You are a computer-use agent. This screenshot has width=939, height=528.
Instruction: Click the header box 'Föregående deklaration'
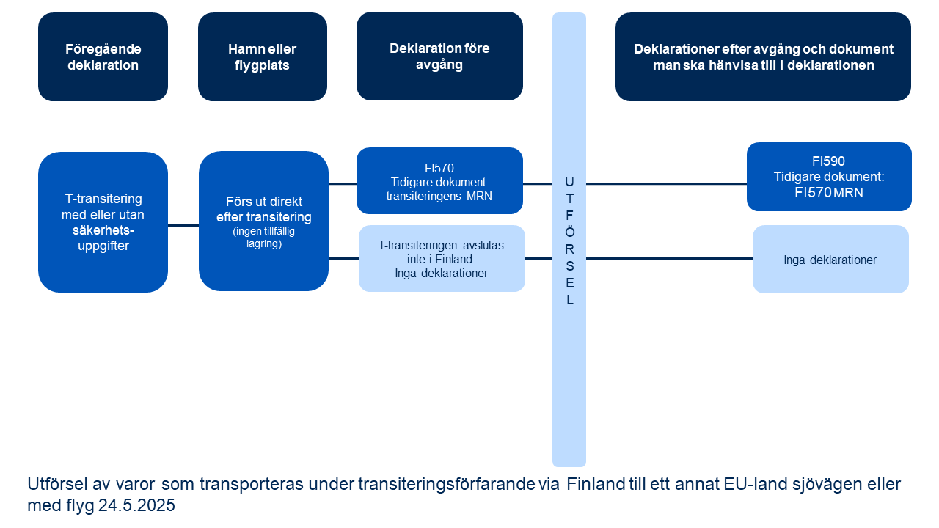tap(103, 56)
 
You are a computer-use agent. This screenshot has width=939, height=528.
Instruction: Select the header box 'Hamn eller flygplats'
tap(262, 56)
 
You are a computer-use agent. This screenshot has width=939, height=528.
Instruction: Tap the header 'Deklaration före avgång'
tap(439, 56)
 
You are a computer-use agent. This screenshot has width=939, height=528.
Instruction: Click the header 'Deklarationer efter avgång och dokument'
tap(763, 56)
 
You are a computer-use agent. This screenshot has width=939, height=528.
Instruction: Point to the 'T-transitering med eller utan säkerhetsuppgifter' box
tap(103, 221)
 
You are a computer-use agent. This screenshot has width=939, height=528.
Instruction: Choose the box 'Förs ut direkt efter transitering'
tap(263, 221)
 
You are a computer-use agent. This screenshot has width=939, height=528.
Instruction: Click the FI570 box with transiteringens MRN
tap(439, 181)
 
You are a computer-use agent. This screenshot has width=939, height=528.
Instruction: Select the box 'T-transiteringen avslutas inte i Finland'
tap(442, 258)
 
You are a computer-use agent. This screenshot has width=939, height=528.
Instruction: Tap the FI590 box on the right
tap(829, 177)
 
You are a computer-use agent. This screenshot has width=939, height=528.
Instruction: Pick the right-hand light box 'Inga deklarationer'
tap(830, 260)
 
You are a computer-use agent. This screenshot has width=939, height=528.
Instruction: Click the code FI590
tap(829, 161)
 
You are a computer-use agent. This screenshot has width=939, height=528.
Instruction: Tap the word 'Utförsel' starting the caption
tap(54, 485)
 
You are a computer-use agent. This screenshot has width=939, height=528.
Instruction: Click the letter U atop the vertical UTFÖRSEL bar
tap(569, 181)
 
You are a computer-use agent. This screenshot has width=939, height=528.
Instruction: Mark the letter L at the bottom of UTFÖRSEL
tap(569, 300)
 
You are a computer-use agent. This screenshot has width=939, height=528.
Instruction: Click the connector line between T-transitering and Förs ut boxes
tap(183, 225)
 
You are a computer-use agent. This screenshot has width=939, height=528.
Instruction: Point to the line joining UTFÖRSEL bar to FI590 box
tap(666, 184)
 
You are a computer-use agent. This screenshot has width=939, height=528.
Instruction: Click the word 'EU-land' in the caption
tap(749, 485)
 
